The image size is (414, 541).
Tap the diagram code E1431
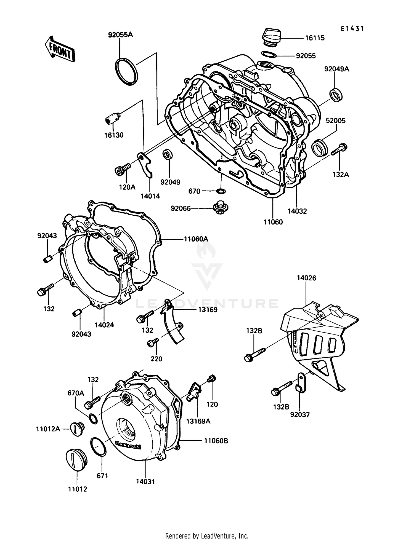(x=352, y=29)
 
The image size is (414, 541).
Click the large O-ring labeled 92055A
(x=126, y=72)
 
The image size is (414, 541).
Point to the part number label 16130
(x=114, y=135)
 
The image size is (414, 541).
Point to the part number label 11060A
(x=196, y=239)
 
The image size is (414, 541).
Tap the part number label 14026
(x=307, y=278)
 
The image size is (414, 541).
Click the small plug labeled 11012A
(x=77, y=429)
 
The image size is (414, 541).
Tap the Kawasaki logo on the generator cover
(x=128, y=445)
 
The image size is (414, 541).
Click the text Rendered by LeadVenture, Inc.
(x=207, y=536)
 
